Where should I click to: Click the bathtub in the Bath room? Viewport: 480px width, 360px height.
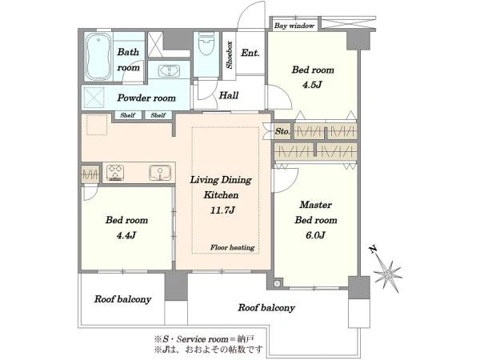coord(98,56)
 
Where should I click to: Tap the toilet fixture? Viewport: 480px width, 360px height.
coord(206,44)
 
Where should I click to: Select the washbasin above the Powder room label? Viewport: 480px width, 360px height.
coord(169,70)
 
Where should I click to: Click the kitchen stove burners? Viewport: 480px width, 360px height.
coord(115,172)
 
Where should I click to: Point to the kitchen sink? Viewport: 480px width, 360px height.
coord(160,173)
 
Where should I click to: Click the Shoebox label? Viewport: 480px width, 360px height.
coord(230,55)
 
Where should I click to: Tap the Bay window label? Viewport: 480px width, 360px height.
coord(294,26)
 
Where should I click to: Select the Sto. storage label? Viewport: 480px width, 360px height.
coord(282,131)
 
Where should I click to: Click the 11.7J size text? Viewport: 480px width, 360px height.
coord(222,210)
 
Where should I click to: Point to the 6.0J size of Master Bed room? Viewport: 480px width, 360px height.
coord(315,234)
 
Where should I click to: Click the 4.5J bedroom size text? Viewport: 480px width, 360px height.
coord(312,85)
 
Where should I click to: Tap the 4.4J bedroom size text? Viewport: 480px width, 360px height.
coord(126,235)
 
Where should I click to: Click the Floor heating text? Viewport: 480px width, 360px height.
coord(232,247)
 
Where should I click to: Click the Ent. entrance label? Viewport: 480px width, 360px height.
coord(250,53)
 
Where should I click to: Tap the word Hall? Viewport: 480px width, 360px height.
coord(228,95)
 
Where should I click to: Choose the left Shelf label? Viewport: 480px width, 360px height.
coord(127,115)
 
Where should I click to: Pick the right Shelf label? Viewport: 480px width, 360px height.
coord(158,115)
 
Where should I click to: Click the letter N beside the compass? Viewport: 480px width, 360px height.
coord(373,250)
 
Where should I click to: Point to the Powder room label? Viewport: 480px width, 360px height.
coord(146,98)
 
